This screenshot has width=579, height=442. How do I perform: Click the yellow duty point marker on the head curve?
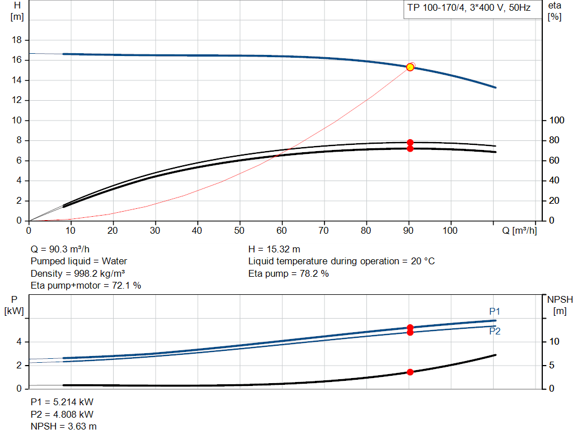click(410, 67)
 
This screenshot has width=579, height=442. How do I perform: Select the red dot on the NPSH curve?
click(410, 372)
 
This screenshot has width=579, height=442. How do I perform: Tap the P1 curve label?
click(495, 311)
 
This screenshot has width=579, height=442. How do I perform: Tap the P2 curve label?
click(495, 332)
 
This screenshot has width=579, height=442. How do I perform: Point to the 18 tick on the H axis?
click(17, 40)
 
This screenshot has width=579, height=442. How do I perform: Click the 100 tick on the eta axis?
click(558, 121)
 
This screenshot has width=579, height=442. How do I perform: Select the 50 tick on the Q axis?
click(240, 231)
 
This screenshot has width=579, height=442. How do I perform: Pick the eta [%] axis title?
click(555, 11)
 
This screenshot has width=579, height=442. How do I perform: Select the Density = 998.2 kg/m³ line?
click(77, 273)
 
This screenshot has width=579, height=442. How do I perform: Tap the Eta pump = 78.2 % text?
click(288, 273)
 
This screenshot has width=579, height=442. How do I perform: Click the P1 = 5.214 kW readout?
click(62, 402)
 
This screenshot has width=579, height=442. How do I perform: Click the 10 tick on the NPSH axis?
click(555, 342)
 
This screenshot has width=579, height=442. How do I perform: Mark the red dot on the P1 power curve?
click(410, 328)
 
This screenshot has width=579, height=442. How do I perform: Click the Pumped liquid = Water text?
click(79, 261)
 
